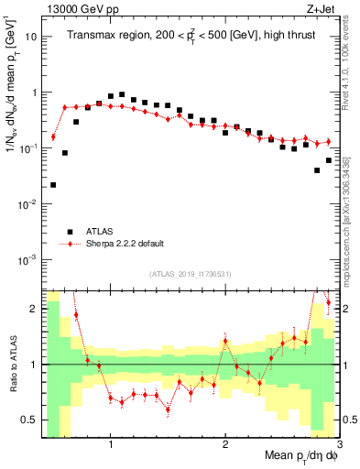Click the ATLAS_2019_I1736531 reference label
point(191,274)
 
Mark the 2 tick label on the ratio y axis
point(34,309)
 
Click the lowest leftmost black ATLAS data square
point(53,185)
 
